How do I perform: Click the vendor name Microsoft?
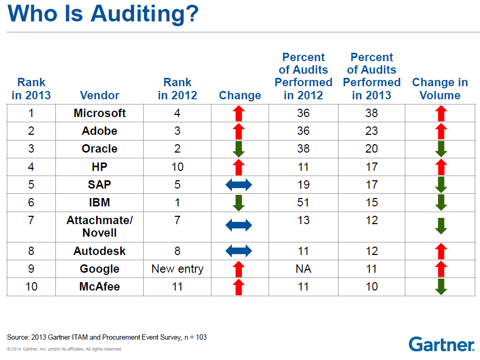100,113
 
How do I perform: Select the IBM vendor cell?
99,202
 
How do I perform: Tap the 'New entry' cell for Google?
178,269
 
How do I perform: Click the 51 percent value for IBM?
303,202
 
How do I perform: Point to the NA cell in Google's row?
303,269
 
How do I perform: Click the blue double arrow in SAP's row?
239,184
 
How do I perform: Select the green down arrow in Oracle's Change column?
239,149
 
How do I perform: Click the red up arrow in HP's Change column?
239,167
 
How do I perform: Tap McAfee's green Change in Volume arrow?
441,287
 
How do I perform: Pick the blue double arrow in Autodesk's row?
239,251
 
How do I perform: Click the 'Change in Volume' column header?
440,89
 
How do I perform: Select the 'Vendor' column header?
100,95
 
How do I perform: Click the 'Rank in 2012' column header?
178,89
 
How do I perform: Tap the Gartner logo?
441,344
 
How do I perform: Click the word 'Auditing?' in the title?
145,14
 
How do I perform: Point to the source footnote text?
107,337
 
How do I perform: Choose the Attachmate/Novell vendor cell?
100,226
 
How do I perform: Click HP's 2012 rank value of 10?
178,167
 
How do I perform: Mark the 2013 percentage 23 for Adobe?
372,131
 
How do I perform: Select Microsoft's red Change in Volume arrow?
441,113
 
